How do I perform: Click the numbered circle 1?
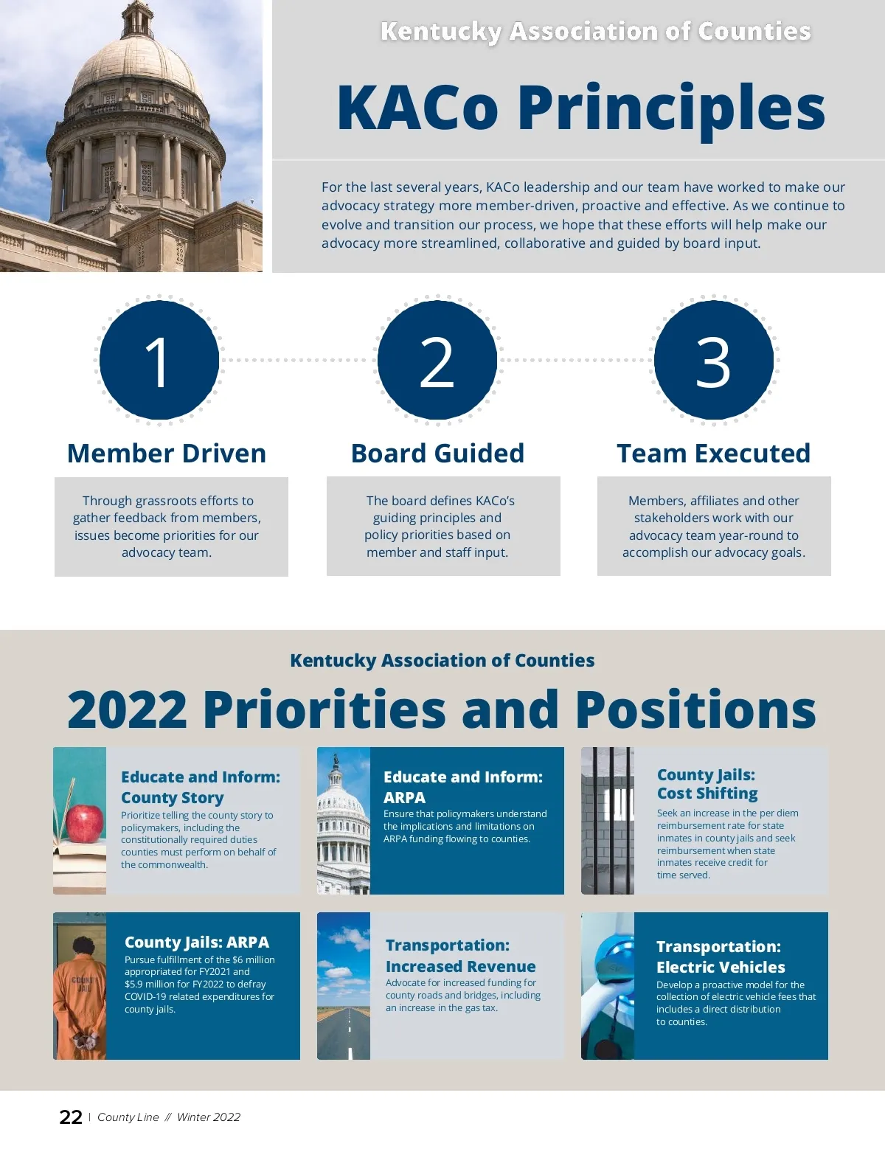(x=159, y=361)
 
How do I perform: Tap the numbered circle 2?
(x=437, y=361)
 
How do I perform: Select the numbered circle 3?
(x=714, y=361)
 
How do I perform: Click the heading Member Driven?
(x=167, y=453)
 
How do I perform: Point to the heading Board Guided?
(x=437, y=453)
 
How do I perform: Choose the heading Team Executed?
(x=713, y=453)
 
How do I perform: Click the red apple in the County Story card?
(x=85, y=823)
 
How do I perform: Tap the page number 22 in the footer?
(x=71, y=1117)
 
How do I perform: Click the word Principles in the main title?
(x=671, y=108)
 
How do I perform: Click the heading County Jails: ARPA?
(x=197, y=942)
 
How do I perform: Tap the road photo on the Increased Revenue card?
(x=344, y=986)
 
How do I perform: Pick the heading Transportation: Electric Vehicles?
(x=720, y=957)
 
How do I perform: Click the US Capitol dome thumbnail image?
(x=344, y=821)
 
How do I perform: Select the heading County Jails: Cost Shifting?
(x=707, y=784)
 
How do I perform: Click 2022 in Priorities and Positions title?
(x=127, y=709)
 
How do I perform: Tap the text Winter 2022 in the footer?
(x=209, y=1117)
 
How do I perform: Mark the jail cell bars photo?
(x=608, y=821)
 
